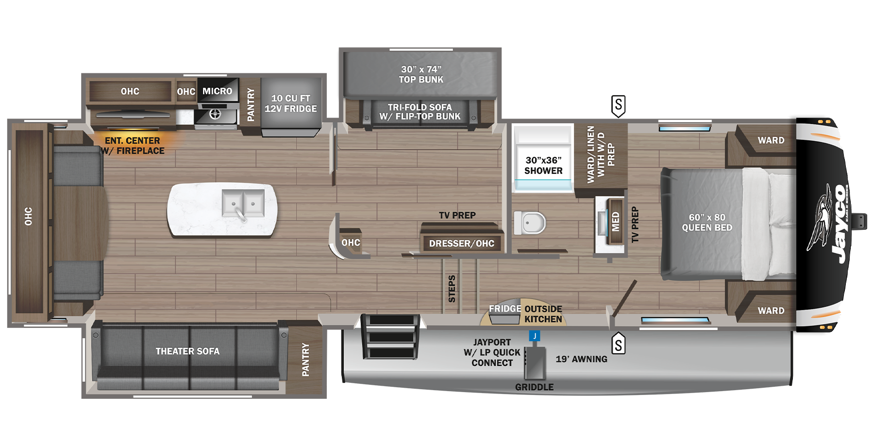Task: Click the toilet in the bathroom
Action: point(530,223)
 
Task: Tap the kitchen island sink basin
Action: point(243,203)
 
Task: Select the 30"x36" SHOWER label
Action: point(543,166)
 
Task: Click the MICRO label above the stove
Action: point(217,91)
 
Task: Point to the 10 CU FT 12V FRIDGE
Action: point(290,103)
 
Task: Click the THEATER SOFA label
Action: point(187,351)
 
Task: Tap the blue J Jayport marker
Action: point(535,336)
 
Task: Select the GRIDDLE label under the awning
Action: point(534,387)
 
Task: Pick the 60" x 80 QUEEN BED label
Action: point(707,223)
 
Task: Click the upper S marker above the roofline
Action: point(618,105)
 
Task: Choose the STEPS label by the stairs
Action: point(452,289)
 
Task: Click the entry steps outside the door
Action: point(390,336)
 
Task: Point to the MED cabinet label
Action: point(615,222)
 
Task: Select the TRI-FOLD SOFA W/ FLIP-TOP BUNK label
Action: point(420,112)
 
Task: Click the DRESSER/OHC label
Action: point(461,243)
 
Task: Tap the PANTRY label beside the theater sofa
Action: point(305,360)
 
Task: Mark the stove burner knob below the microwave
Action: point(215,114)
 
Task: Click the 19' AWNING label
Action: point(581,359)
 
